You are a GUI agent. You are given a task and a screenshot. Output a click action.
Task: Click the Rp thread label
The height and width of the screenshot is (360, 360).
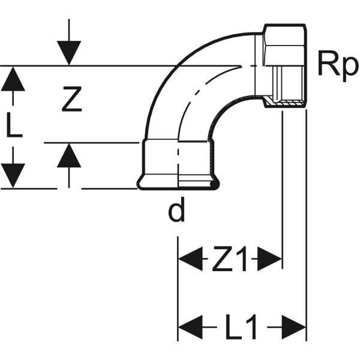[x=337, y=66]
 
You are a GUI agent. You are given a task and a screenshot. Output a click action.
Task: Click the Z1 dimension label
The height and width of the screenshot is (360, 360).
[x=229, y=260]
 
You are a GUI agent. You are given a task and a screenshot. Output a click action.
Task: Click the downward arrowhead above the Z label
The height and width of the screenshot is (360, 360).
[x=70, y=54]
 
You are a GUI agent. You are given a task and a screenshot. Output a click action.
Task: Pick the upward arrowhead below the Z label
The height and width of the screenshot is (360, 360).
[x=70, y=155]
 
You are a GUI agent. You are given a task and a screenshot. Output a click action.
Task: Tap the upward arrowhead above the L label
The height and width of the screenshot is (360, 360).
[x=13, y=79]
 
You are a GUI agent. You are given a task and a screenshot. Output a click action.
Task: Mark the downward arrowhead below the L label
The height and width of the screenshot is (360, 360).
[x=13, y=175]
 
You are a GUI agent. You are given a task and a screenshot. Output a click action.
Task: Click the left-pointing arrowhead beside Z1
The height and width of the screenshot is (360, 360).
[x=190, y=260]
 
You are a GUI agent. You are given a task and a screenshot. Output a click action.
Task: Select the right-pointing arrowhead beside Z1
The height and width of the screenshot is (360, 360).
[x=270, y=260]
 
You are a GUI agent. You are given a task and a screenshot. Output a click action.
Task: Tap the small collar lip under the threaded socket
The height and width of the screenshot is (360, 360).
[x=285, y=105]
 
